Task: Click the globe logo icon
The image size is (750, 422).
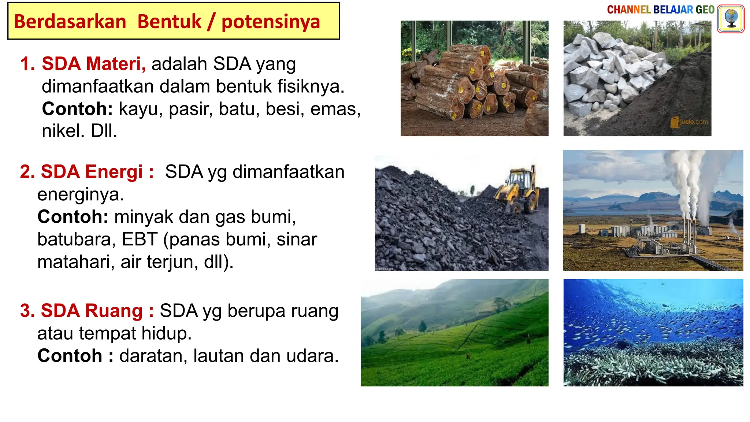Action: (731, 19)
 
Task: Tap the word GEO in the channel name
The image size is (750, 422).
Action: (705, 10)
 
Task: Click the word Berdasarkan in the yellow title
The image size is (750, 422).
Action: (70, 22)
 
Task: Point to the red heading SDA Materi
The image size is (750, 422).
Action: (93, 64)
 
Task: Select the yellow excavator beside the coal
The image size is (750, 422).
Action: (519, 191)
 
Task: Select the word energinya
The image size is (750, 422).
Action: (81, 195)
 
